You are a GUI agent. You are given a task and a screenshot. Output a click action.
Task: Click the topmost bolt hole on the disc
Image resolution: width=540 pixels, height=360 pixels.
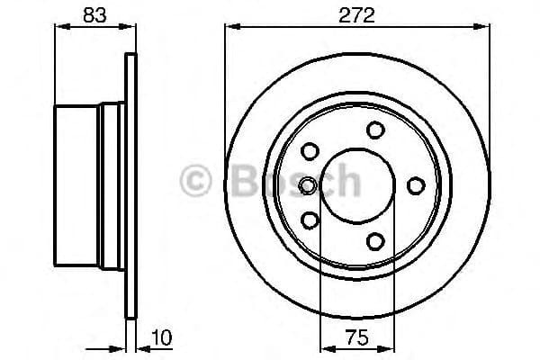pos(375,130)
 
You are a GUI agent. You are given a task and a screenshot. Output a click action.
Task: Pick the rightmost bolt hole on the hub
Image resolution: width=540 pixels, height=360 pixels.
pos(416,184)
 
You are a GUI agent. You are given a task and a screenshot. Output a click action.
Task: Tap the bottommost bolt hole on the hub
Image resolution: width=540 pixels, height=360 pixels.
pos(375,240)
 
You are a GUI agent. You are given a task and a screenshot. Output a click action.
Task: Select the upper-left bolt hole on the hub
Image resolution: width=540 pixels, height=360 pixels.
pos(310,150)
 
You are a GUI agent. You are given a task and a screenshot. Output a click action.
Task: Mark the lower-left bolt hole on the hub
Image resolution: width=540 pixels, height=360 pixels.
pos(310,220)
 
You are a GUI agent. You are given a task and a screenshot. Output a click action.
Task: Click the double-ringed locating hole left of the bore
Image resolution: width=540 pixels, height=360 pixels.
pos(308,185)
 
